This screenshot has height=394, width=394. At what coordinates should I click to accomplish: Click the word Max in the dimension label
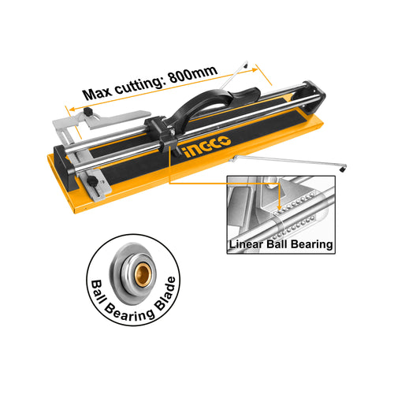pyautogui.click(x=98, y=93)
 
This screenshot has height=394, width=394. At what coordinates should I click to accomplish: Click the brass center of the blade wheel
pyautogui.click(x=143, y=274)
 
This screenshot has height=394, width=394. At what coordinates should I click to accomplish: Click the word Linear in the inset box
pyautogui.click(x=246, y=244)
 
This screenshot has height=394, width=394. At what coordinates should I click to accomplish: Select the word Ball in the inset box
pyautogui.click(x=277, y=244)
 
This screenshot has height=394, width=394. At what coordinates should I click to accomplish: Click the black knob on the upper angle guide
pyautogui.click(x=88, y=112)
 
